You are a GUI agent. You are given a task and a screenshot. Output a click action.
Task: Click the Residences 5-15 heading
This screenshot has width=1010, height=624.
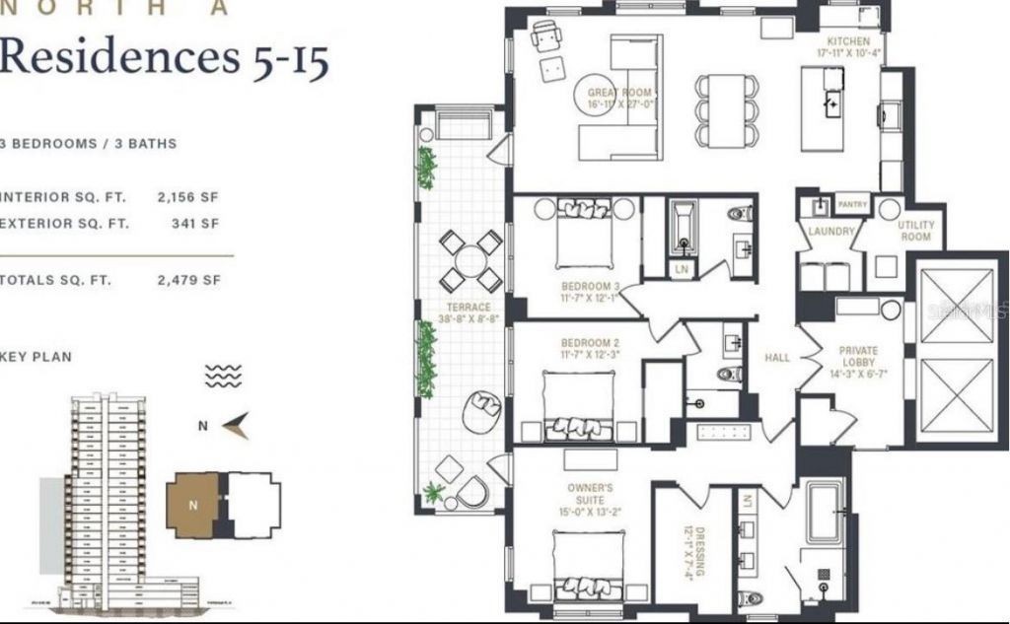164,58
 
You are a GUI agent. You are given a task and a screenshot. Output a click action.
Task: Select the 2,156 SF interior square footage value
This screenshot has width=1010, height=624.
187,197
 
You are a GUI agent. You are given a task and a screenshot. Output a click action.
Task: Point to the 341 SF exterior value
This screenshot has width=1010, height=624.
195,223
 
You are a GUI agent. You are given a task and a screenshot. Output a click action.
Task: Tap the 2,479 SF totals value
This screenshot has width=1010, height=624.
187,280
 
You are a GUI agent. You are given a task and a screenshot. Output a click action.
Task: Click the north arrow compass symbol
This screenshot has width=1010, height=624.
234,426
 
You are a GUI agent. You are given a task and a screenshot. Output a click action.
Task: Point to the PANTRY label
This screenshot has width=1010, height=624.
852,205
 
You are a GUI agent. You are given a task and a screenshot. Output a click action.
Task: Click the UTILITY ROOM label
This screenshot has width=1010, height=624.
915,231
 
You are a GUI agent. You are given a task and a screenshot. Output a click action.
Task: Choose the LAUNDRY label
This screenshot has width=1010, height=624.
830,232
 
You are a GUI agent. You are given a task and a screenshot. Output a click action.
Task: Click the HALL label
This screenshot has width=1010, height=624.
777,358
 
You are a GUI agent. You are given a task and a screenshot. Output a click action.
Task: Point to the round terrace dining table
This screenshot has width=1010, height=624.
470,261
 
